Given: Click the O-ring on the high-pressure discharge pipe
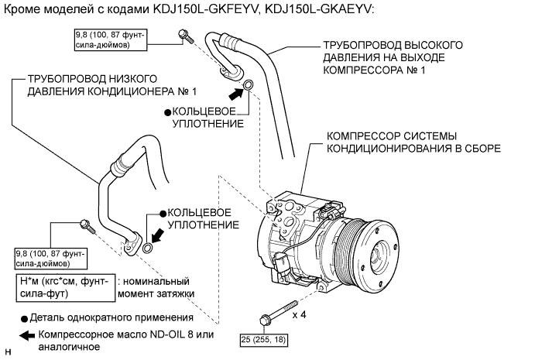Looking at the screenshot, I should [x=249, y=85].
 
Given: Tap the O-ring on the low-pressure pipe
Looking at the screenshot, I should [x=149, y=247].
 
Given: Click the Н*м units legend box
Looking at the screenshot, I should [x=64, y=287].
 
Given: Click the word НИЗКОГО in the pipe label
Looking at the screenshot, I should [x=136, y=79].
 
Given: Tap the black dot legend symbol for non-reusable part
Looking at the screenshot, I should [x=25, y=318].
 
